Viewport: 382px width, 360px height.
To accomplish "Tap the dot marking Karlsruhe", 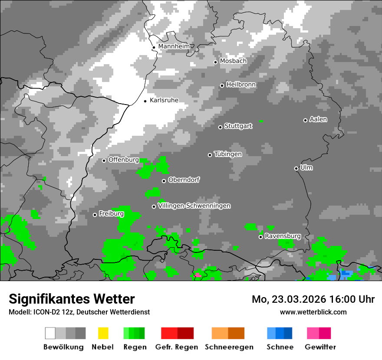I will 145,101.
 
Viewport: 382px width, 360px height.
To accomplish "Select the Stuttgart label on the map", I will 238,126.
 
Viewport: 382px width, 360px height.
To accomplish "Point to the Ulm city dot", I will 296,168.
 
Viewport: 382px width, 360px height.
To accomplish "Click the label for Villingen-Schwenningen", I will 194,206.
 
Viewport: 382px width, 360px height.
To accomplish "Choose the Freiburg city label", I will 111,214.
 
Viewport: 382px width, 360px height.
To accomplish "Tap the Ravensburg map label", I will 283,236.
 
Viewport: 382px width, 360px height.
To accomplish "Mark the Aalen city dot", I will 305,120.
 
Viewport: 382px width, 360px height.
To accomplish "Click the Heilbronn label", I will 241,85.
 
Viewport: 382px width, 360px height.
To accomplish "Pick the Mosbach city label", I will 233,61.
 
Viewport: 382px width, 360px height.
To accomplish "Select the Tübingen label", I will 228,154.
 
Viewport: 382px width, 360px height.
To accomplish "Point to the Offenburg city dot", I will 104,160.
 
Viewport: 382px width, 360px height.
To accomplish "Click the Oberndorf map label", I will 184,180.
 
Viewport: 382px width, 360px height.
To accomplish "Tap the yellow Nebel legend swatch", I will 103,333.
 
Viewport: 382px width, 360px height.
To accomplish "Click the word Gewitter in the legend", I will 320,347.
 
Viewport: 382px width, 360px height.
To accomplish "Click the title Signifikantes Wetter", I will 72,299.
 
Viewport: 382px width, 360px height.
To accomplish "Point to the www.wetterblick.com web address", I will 313,312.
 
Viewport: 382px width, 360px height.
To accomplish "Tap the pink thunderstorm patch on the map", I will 198,275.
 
